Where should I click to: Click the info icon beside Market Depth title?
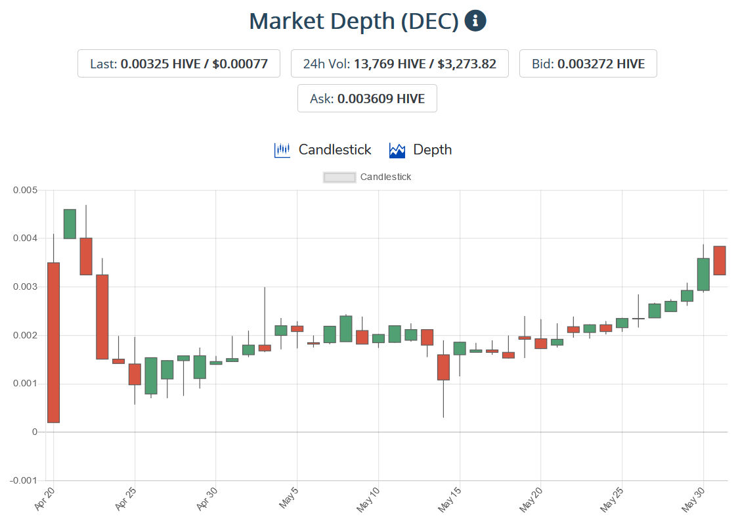click(475, 21)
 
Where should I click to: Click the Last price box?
click(179, 64)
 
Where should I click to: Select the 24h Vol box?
click(399, 64)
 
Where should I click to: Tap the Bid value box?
click(588, 64)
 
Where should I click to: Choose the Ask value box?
click(367, 99)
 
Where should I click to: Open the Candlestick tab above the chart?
click(322, 150)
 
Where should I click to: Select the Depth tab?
click(420, 150)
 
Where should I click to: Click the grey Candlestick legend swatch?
click(339, 177)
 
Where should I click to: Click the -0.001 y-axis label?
click(24, 480)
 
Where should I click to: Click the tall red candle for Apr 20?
click(53, 342)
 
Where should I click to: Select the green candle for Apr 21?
click(70, 224)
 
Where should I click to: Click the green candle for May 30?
click(703, 274)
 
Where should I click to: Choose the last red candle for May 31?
click(720, 260)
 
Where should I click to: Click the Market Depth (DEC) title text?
click(353, 21)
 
